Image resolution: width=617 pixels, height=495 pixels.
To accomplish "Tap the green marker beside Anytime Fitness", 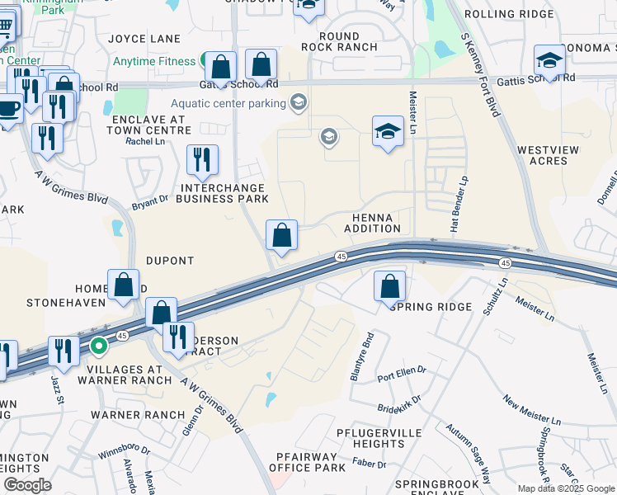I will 203,61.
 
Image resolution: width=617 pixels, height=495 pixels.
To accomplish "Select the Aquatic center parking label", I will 228,103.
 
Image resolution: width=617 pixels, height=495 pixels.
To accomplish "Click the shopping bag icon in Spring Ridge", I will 389,287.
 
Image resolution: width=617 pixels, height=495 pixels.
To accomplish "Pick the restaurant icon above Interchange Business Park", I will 202,160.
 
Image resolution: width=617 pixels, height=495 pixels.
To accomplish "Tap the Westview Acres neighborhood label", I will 542,156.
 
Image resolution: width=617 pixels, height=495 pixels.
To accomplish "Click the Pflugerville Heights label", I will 370,438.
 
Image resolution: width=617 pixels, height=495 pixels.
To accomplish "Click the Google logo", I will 27,485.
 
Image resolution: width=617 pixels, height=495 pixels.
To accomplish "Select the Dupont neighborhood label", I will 170,261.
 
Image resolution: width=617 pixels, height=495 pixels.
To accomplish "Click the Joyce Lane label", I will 144,39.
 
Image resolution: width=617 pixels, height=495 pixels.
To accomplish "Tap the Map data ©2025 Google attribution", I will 566,488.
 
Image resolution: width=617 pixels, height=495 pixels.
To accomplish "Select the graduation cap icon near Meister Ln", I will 388,132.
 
